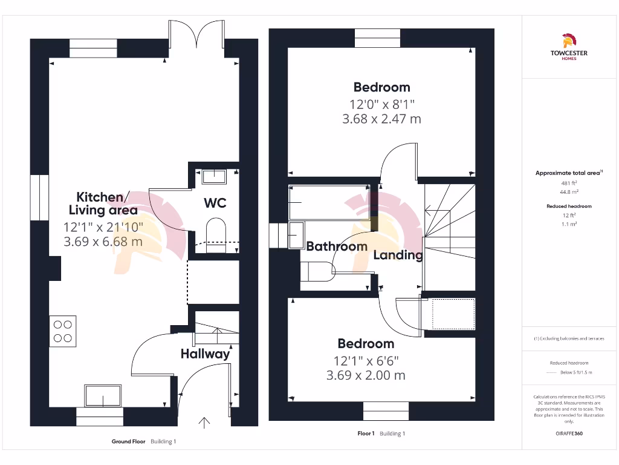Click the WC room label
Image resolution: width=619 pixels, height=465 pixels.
click(x=215, y=202)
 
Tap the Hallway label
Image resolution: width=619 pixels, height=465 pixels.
click(x=206, y=354)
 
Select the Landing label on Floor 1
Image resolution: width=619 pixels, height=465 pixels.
click(x=398, y=255)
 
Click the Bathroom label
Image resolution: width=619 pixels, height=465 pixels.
click(x=337, y=246)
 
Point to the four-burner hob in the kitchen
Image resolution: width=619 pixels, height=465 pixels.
click(x=63, y=331)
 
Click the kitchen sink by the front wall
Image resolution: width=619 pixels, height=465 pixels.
click(x=103, y=395)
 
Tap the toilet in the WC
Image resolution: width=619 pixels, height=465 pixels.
click(x=216, y=232)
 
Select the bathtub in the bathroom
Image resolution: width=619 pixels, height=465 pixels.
click(x=329, y=202)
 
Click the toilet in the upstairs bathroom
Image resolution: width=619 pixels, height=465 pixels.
click(x=318, y=271)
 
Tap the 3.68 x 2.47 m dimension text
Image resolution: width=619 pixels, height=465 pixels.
click(x=381, y=119)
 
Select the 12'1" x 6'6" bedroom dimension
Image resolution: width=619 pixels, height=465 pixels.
click(x=366, y=360)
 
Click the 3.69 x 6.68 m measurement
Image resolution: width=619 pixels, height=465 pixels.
click(x=103, y=242)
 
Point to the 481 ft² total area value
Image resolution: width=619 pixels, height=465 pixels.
click(x=568, y=182)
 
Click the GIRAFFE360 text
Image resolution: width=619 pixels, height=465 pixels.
click(x=569, y=433)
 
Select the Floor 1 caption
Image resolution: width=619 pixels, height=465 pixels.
click(x=366, y=434)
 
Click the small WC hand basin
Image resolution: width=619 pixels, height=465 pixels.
click(x=213, y=176)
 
